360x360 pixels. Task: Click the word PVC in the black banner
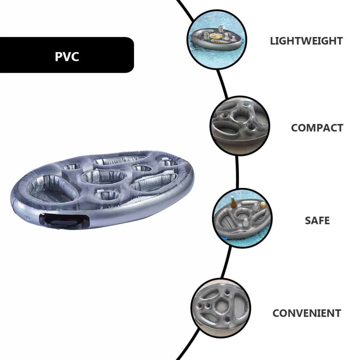pyautogui.click(x=67, y=57)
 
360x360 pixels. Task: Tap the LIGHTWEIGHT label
pyautogui.click(x=306, y=41)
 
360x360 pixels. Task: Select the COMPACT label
pyautogui.click(x=317, y=128)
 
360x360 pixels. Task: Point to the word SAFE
pyautogui.click(x=317, y=220)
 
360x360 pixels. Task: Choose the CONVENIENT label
pyautogui.click(x=306, y=313)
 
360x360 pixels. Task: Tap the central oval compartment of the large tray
pyautogui.click(x=104, y=176)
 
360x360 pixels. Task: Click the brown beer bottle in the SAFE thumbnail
pyautogui.click(x=233, y=203)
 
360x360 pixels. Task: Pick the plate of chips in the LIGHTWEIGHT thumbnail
pyautogui.click(x=217, y=36)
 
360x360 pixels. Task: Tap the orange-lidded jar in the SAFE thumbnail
pyautogui.click(x=263, y=205)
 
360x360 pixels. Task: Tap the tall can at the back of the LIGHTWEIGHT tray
pyautogui.click(x=206, y=35)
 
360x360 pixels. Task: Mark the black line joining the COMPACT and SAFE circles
pyautogui.click(x=237, y=173)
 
